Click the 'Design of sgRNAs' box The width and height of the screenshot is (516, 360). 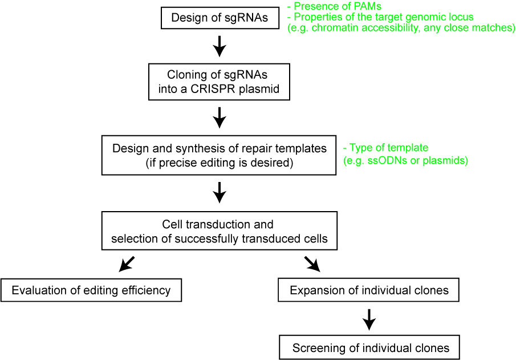point(220,18)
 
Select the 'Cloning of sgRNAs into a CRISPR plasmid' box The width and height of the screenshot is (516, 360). point(219,83)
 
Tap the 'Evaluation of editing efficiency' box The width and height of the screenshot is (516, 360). point(91,290)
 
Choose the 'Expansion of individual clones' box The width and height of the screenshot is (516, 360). point(369,290)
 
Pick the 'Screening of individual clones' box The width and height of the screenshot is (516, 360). point(369,347)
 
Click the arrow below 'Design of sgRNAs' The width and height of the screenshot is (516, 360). point(220,46)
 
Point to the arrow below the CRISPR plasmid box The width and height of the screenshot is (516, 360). point(220,118)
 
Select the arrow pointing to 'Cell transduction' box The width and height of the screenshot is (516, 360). point(220,192)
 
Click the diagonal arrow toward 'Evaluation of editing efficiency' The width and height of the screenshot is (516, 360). point(127,264)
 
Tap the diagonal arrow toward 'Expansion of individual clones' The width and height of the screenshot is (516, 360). point(312,264)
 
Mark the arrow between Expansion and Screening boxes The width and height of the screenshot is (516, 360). point(369,319)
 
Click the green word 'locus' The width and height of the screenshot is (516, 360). point(461,17)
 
